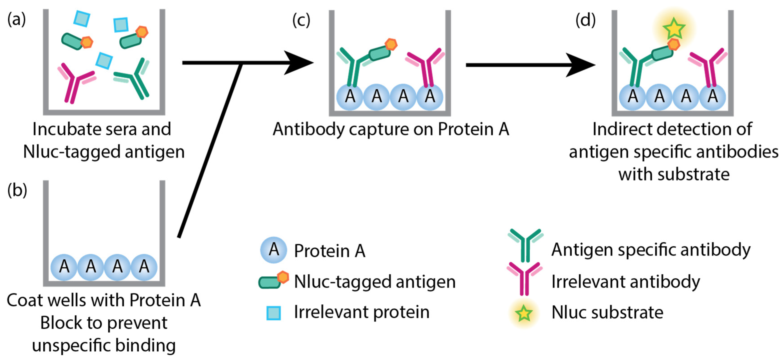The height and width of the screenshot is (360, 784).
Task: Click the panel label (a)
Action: (x=17, y=20)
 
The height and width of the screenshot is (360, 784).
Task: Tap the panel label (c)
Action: (x=301, y=21)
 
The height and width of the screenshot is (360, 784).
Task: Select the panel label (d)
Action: (x=585, y=21)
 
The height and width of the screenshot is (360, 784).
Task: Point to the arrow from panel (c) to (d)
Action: (x=530, y=65)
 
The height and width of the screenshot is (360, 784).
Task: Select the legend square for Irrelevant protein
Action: (x=273, y=313)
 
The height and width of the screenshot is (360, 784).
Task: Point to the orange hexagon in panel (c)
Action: (x=391, y=44)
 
